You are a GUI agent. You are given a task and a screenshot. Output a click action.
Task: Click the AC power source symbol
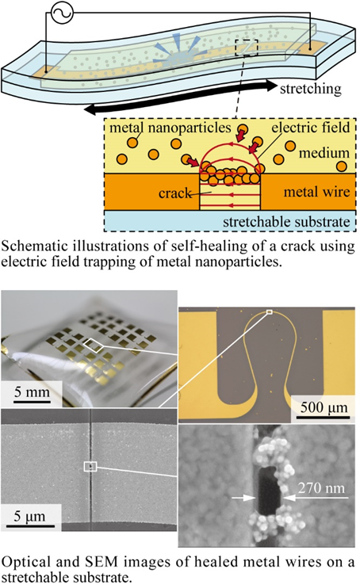[x=62, y=13]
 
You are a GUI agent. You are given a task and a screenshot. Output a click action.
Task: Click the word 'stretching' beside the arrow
[x=311, y=89]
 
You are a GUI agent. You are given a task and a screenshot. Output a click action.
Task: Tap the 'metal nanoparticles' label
[x=170, y=128]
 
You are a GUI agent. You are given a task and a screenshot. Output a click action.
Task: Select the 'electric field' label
[x=311, y=128]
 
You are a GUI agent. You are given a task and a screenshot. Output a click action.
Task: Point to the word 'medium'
[x=324, y=153]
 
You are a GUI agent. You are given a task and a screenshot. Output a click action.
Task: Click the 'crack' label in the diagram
[x=175, y=193]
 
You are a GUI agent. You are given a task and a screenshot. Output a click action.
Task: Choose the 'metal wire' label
[x=316, y=192]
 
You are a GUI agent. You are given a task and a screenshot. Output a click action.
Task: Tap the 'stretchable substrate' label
[x=286, y=222]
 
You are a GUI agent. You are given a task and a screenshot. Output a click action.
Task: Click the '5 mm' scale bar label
[x=32, y=392]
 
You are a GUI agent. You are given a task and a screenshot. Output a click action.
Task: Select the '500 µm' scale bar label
[x=324, y=407]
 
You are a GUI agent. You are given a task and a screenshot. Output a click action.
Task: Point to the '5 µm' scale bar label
[x=29, y=517]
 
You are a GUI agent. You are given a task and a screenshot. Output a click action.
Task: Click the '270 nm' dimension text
[x=321, y=488]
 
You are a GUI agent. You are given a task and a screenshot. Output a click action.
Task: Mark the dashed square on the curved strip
[x=247, y=48]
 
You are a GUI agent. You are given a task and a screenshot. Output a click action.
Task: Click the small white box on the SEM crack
[x=90, y=467]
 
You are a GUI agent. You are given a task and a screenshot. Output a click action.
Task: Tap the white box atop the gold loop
[x=269, y=312]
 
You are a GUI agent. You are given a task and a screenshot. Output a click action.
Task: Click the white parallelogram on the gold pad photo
[x=94, y=346]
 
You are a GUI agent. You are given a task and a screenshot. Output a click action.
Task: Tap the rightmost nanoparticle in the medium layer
[x=341, y=166]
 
